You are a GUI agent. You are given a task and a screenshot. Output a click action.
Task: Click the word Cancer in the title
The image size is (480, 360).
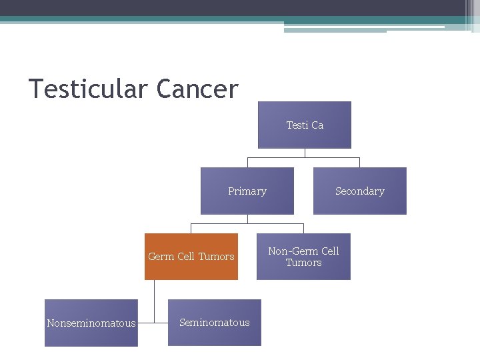coord(198,89)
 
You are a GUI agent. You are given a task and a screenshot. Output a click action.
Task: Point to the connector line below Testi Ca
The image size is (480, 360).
coord(305,153)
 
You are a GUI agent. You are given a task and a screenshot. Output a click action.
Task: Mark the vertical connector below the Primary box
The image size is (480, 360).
coord(247,219)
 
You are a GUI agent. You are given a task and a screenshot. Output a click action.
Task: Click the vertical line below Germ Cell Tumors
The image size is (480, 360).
coord(154,300)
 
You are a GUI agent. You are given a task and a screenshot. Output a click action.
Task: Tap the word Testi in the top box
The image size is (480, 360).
coord(297,125)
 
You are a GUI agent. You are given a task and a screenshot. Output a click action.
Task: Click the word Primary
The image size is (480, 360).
coord(247,191)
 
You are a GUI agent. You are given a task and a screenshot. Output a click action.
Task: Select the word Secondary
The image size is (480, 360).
coord(360,191)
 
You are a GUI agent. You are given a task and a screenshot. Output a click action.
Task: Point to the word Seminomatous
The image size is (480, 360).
coord(214,323)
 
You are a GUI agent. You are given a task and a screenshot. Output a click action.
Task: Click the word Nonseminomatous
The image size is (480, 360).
coord(91,323)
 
